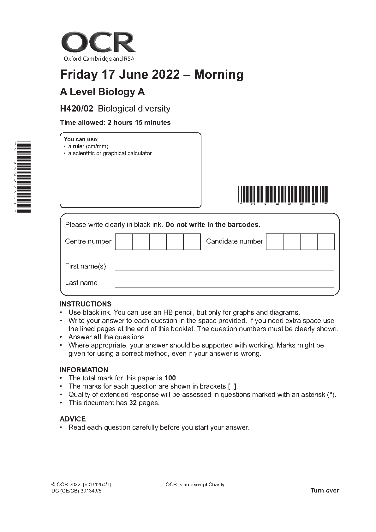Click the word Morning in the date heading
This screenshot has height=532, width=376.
click(219, 75)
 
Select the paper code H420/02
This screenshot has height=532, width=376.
click(76, 109)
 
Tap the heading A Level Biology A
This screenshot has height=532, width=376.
click(102, 92)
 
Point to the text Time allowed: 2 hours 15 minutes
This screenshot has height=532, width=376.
click(115, 123)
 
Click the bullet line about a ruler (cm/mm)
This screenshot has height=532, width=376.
click(88, 146)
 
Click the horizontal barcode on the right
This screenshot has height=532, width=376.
click(283, 194)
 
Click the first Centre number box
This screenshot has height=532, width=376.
click(123, 242)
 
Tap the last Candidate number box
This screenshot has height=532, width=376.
click(325, 242)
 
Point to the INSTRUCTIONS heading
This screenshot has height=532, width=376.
click(86, 304)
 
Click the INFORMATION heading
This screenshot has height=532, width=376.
click(84, 370)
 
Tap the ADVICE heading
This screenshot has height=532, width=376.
click(73, 419)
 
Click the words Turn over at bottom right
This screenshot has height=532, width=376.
click(325, 491)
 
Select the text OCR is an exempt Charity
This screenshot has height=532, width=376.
click(195, 485)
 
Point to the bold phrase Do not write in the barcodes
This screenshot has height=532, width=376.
click(213, 225)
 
